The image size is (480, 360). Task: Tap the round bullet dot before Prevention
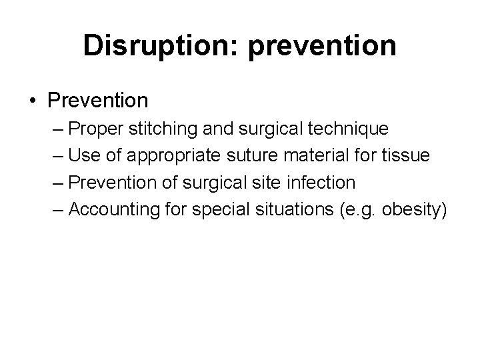33,101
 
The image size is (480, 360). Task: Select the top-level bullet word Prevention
97,101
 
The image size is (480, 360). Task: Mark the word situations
287,209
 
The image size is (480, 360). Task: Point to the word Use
82,156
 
